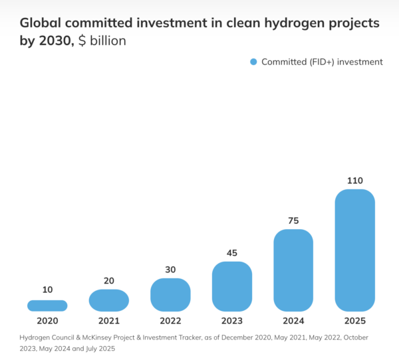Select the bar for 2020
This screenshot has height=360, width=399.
(47, 306)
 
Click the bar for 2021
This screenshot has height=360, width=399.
(108, 300)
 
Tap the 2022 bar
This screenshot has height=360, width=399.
(170, 294)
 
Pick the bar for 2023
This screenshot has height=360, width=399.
(232, 286)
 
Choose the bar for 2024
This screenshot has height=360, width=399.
(293, 270)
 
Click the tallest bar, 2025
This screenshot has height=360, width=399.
(355, 250)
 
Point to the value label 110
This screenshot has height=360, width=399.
(355, 180)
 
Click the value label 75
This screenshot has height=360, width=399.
(293, 220)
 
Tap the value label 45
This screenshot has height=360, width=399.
(232, 252)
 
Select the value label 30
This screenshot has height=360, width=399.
(170, 269)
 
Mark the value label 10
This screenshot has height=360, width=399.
(47, 290)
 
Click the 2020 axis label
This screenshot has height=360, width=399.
(47, 321)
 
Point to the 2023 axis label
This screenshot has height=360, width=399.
(232, 321)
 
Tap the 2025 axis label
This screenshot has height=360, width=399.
(355, 321)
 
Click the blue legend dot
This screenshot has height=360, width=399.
(253, 62)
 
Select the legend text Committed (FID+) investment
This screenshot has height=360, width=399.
(322, 62)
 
